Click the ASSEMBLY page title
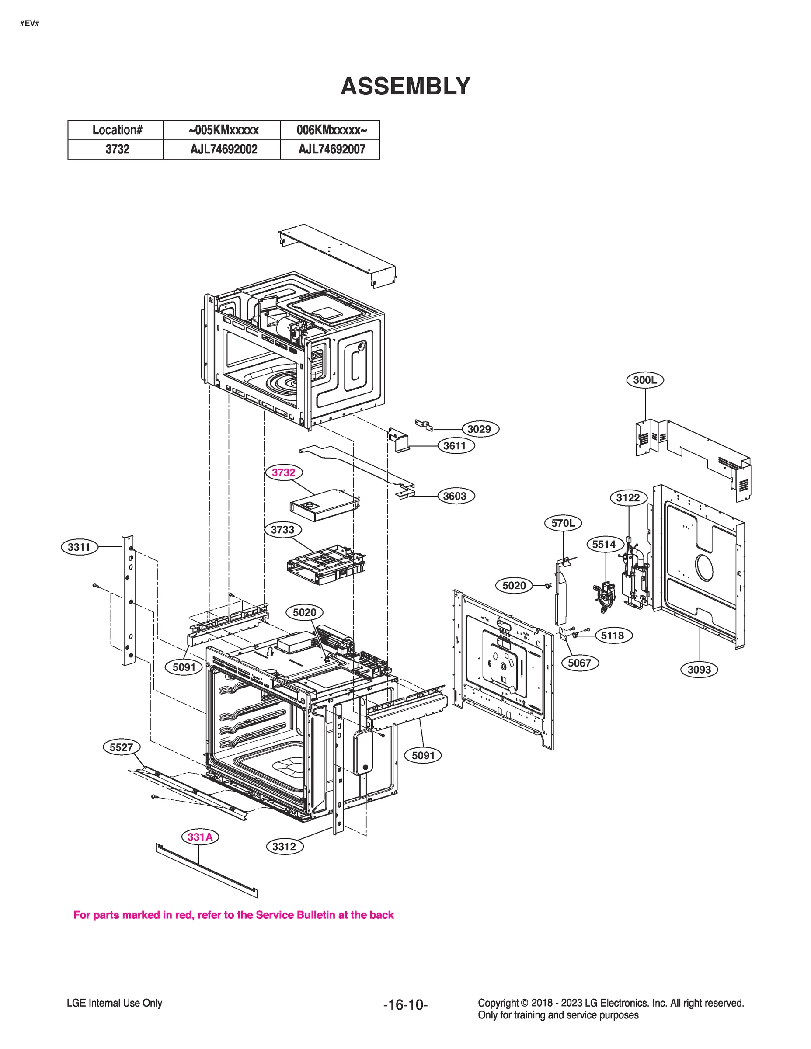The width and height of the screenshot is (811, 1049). [405, 87]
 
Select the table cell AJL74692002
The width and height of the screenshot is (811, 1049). [223, 149]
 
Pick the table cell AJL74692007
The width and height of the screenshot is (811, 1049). [331, 149]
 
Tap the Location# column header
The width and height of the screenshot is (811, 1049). [117, 130]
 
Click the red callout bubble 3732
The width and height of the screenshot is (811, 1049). [283, 472]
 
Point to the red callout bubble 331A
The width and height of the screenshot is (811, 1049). [200, 837]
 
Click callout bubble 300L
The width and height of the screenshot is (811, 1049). [645, 380]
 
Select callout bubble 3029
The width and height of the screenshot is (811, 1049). [479, 429]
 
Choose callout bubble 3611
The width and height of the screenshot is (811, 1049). [455, 446]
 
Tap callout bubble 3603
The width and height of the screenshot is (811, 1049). [455, 496]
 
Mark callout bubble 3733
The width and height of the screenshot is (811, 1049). [282, 530]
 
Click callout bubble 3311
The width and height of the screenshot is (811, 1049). [79, 547]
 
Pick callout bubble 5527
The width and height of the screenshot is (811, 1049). [121, 747]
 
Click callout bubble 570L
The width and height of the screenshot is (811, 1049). [563, 523]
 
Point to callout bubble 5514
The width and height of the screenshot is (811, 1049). [604, 544]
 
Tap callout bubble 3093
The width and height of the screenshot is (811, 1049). [699, 670]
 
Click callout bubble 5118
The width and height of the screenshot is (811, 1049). [613, 636]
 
